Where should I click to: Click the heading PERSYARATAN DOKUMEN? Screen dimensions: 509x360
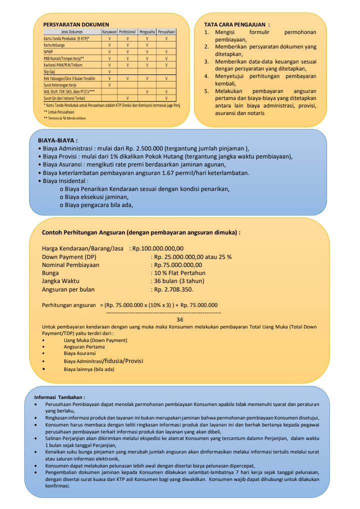(x=75, y=24)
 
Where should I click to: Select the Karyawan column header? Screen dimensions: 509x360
(x=109, y=31)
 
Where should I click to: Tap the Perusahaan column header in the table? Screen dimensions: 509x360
(x=166, y=31)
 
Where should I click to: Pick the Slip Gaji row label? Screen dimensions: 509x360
(x=49, y=72)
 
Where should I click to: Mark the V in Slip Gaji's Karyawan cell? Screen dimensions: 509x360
(x=109, y=72)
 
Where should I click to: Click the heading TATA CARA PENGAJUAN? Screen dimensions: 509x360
(x=237, y=24)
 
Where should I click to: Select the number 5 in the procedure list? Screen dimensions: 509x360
(x=206, y=91)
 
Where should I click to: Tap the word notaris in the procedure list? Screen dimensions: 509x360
(x=255, y=113)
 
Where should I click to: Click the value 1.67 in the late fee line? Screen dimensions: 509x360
(x=189, y=173)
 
